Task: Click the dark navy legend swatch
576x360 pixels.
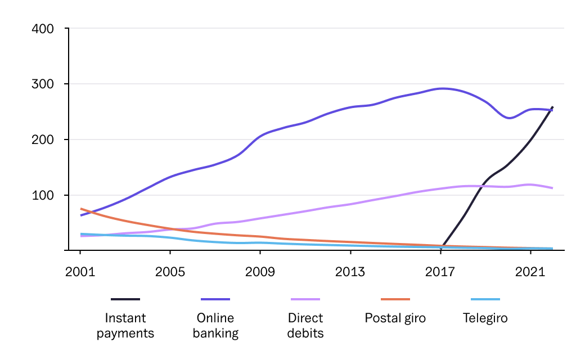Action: coord(125,299)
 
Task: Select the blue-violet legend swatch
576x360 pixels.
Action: coord(215,299)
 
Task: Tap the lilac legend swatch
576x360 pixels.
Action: coord(305,299)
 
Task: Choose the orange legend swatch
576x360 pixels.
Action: coord(395,299)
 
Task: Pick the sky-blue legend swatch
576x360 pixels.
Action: coord(485,299)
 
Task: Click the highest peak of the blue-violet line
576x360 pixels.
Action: coord(443,88)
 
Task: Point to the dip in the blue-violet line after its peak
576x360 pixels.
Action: coord(509,118)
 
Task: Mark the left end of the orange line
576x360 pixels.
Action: coord(81,209)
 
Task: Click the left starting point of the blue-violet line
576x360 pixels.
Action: coord(81,215)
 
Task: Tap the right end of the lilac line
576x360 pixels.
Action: coord(552,188)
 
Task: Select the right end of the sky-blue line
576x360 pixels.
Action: coord(552,248)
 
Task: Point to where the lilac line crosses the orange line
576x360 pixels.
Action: coord(179,229)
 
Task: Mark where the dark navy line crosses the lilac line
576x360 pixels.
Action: coord(479,186)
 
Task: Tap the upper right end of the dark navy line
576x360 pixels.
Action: coord(552,107)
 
